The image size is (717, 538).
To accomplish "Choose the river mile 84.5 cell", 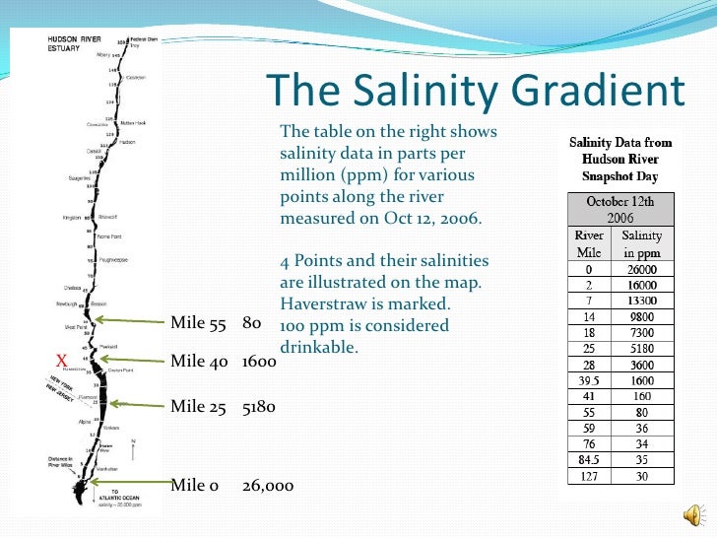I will [x=588, y=458].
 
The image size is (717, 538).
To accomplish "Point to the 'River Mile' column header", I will [x=589, y=244].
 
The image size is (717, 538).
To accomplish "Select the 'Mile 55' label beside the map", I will [x=198, y=322].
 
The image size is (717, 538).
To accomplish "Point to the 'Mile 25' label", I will [x=198, y=406].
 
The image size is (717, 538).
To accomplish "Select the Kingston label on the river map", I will [x=71, y=216].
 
